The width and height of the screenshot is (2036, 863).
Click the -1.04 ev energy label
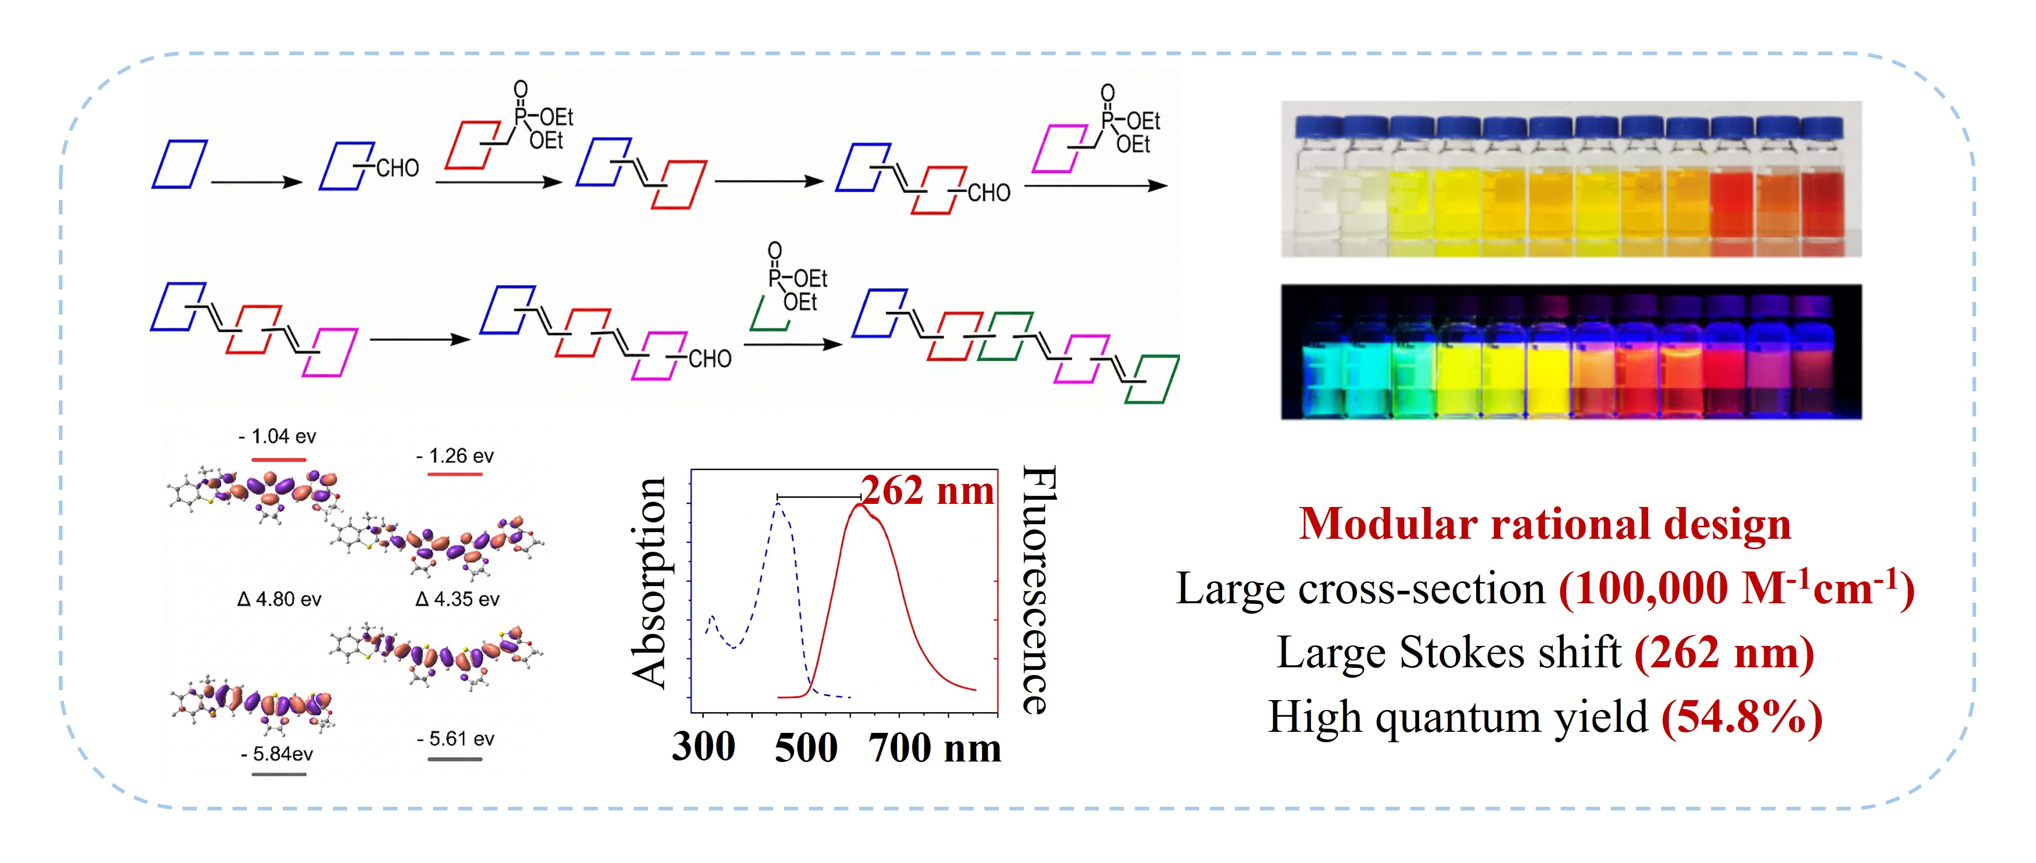click(x=278, y=436)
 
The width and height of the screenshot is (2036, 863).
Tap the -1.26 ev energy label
click(x=455, y=456)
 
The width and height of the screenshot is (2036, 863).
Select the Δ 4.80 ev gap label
click(x=279, y=599)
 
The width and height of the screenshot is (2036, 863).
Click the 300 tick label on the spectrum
click(x=703, y=747)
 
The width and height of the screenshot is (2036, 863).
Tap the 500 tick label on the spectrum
click(x=806, y=747)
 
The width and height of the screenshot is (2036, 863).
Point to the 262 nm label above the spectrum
click(x=927, y=491)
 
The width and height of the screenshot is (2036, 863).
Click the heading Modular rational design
click(x=1544, y=524)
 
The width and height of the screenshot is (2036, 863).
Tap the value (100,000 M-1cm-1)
click(x=1736, y=589)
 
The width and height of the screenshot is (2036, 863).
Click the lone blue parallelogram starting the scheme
click(x=180, y=164)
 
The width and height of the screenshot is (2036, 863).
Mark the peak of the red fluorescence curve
click(x=859, y=504)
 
